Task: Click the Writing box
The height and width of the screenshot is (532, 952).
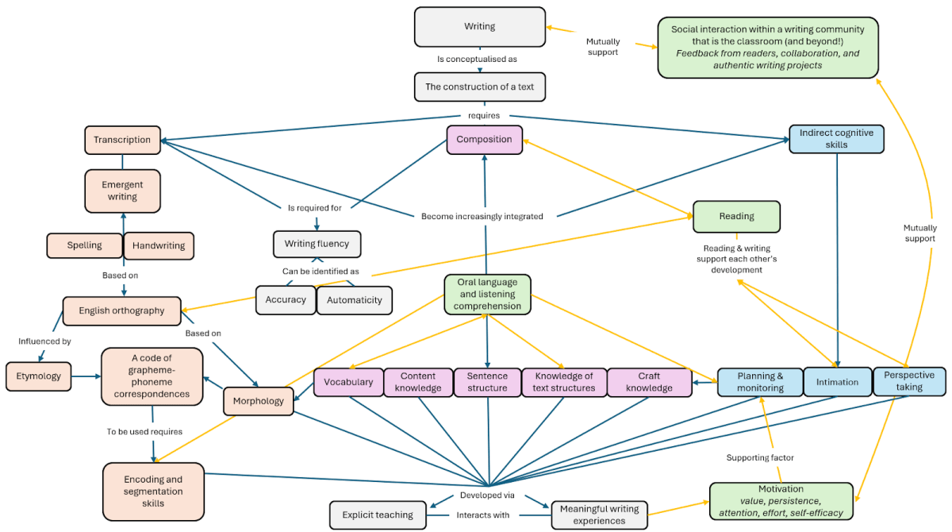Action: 479,26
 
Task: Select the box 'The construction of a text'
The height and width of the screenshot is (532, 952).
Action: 479,87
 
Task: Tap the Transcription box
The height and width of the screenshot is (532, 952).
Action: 122,140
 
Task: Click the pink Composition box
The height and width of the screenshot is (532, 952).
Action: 484,140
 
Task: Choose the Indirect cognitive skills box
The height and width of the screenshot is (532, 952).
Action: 836,139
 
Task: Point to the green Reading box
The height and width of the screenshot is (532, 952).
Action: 736,216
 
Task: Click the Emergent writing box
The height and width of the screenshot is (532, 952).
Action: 122,191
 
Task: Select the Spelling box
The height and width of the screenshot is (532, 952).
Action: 84,245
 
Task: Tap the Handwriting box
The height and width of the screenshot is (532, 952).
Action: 159,245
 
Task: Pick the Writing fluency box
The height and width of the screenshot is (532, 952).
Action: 317,244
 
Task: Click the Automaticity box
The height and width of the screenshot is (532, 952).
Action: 354,299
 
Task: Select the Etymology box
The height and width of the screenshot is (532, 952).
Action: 38,376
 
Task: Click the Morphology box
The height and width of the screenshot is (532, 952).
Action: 259,401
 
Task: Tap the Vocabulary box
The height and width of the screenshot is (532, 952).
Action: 347,382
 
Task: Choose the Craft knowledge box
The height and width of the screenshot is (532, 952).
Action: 649,382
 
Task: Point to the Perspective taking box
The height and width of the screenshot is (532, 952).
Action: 909,381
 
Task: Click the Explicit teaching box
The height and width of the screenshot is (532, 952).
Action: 378,515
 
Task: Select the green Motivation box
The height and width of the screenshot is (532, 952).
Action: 781,501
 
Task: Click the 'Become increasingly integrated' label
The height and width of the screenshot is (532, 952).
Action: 482,216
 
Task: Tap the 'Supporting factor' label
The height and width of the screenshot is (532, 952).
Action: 760,457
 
